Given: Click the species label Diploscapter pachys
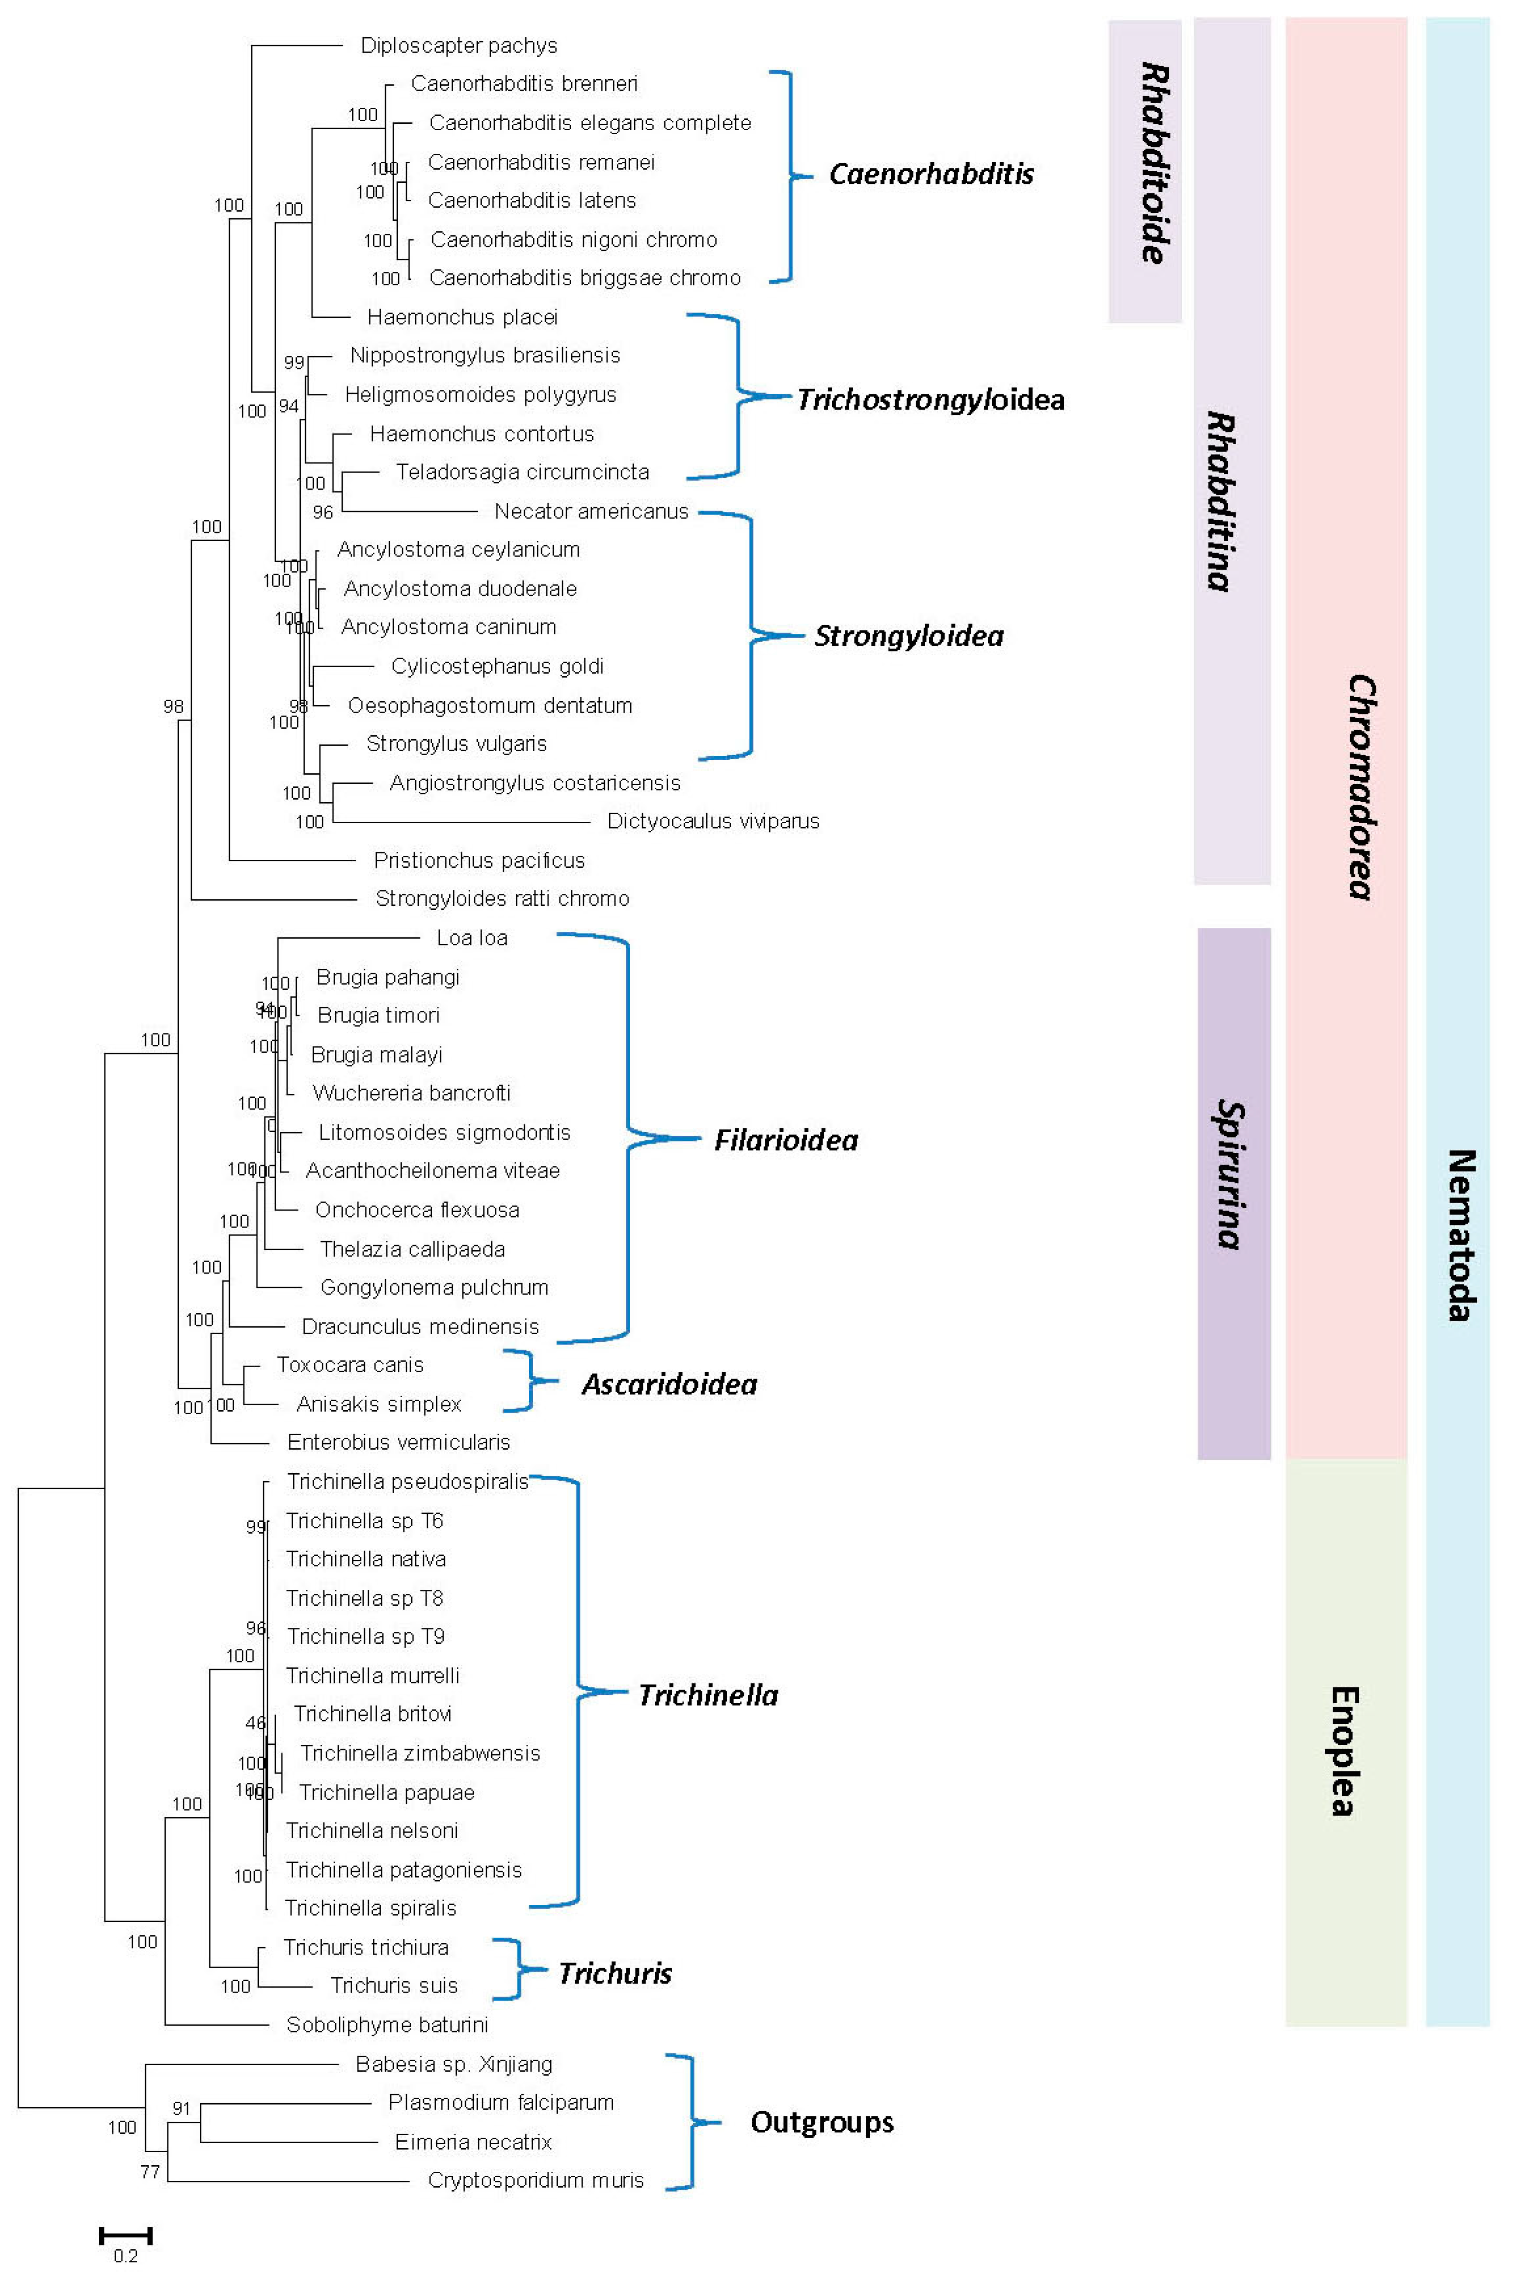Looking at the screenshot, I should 458,45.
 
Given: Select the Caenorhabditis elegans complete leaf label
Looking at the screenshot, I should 590,123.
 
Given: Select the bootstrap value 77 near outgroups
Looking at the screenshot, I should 149,2172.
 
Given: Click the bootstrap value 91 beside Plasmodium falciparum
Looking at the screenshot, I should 181,2109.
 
